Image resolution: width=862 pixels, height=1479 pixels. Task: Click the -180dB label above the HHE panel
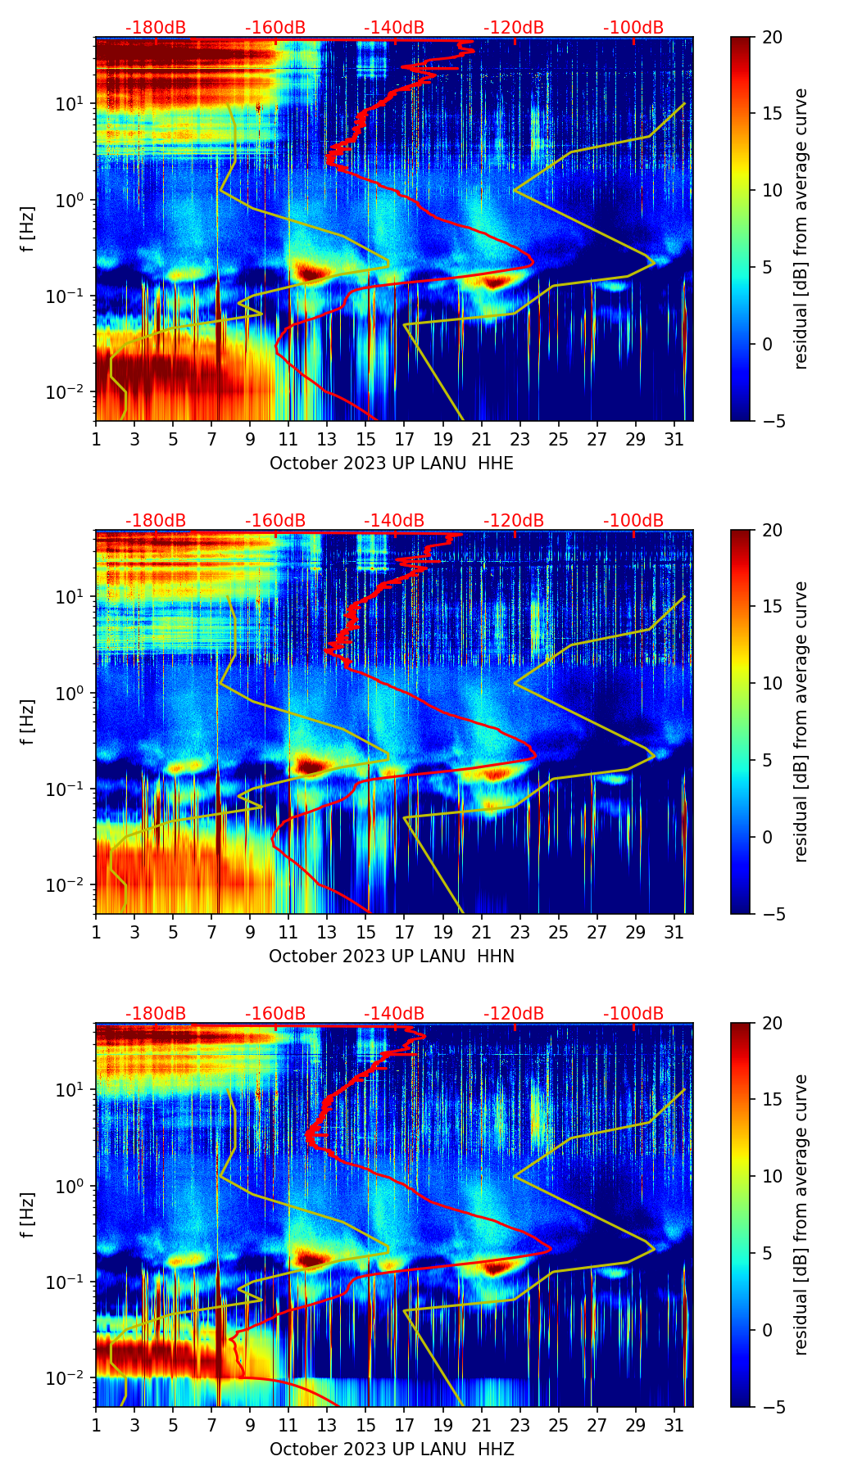point(156,28)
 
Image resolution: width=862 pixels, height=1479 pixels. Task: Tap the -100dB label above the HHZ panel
point(633,1014)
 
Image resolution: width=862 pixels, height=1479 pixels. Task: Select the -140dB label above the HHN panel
point(394,521)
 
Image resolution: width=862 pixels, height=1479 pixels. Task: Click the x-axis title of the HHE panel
point(392,464)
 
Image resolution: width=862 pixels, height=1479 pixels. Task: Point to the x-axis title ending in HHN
point(392,957)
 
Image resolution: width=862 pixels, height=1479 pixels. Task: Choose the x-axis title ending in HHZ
point(392,1450)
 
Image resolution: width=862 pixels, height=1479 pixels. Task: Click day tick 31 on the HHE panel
point(674,439)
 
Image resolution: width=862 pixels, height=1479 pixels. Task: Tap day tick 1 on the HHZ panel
point(97,1425)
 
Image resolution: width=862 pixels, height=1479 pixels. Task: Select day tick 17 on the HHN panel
point(405,932)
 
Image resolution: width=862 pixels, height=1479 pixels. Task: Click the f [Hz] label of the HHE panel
point(28,229)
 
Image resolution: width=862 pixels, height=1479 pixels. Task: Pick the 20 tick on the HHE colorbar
point(773,38)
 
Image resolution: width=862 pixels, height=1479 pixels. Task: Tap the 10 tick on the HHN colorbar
point(773,683)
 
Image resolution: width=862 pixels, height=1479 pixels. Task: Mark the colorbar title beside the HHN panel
point(801,721)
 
